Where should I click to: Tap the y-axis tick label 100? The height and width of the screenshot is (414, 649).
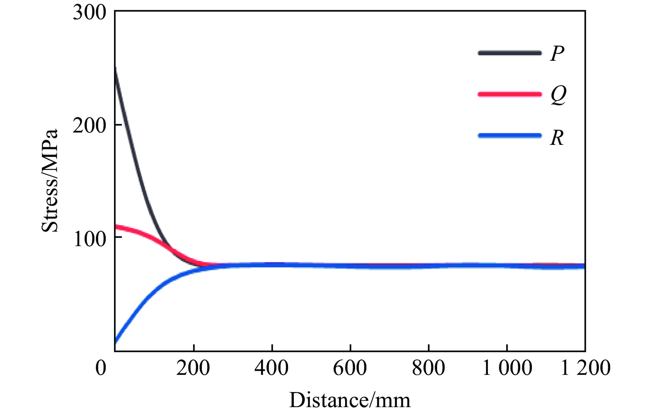(89, 239)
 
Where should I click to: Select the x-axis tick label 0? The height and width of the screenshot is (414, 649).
(101, 368)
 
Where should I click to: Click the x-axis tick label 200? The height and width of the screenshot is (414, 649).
(193, 368)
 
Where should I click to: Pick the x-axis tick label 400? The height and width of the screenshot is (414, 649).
(272, 368)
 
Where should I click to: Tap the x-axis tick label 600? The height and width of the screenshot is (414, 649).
(350, 368)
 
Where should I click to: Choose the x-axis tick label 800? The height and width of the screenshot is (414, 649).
(429, 368)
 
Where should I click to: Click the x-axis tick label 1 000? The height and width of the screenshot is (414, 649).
(507, 368)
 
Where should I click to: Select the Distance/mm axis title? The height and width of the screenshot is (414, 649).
(350, 400)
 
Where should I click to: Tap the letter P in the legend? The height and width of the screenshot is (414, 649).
(557, 54)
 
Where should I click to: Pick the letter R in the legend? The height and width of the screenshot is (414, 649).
(557, 138)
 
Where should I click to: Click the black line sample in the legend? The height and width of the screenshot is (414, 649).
(510, 53)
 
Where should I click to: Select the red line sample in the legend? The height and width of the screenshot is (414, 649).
(510, 94)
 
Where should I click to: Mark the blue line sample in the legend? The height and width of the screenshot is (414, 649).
(510, 136)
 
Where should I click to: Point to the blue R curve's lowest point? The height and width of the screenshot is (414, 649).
(116, 342)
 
